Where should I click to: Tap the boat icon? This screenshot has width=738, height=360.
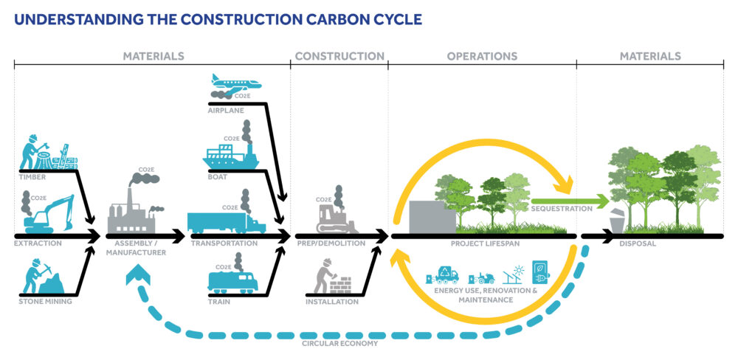(230, 156)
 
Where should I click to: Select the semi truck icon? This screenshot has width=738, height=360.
(225, 221)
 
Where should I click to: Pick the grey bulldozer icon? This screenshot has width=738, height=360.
(337, 217)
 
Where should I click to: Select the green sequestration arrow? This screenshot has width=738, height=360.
(569, 200)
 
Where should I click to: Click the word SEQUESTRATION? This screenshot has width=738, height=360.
(562, 209)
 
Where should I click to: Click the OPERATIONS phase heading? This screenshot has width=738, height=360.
(482, 56)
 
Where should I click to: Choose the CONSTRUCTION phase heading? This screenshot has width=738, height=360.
(339, 56)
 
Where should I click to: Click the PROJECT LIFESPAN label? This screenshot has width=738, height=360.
(480, 243)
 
